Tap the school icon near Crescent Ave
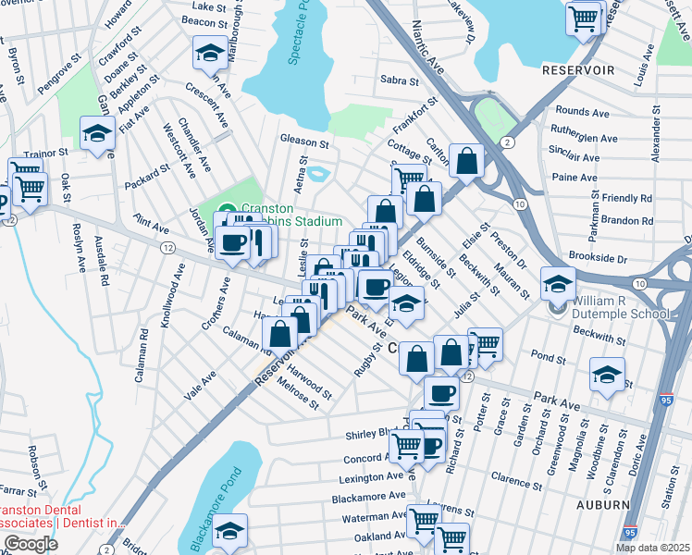[x=210, y=53]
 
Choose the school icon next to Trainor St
[x=96, y=134]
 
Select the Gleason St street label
[x=305, y=143]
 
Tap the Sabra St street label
[x=400, y=80]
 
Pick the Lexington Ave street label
[x=367, y=477]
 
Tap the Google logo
[x=31, y=544]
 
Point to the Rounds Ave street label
[x=582, y=113]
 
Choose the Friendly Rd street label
[x=626, y=198]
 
